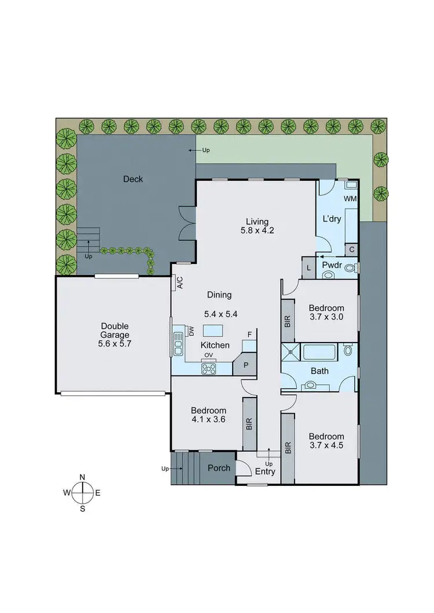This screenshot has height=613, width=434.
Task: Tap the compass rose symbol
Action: click(x=83, y=492)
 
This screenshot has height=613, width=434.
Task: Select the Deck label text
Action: click(x=133, y=179)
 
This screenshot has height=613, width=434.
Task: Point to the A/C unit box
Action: click(x=179, y=283)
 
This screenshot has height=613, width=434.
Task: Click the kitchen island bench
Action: click(x=212, y=330)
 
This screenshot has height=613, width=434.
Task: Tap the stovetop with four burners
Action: click(x=208, y=368)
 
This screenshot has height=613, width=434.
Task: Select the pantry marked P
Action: click(x=245, y=366)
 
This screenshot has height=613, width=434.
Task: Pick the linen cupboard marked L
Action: click(x=308, y=268)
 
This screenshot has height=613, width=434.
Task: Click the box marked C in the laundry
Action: click(x=352, y=249)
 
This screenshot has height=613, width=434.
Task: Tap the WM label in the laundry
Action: click(x=350, y=199)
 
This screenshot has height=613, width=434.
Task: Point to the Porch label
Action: click(x=219, y=468)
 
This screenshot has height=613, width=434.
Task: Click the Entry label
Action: click(x=265, y=472)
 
